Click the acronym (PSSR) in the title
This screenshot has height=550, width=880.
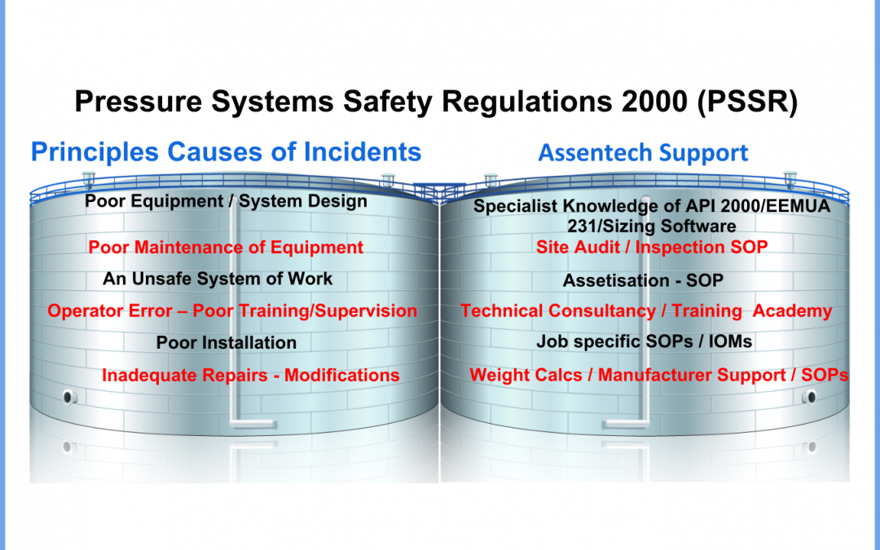tap(747, 102)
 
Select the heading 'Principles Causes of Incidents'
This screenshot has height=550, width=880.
tap(227, 152)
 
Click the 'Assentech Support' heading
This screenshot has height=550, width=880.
tap(643, 152)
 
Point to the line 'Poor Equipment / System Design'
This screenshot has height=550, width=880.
tap(227, 201)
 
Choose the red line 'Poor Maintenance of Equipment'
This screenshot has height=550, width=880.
tap(226, 248)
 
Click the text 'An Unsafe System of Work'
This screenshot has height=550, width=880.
tap(218, 279)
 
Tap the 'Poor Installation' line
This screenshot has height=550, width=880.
tap(227, 343)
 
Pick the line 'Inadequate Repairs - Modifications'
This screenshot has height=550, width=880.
tap(251, 376)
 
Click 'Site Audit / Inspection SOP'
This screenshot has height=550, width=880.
tap(652, 247)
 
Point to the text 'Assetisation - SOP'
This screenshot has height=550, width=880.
tap(643, 280)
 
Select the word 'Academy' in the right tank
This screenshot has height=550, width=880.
tap(792, 311)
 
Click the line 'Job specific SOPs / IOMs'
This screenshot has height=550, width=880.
tap(645, 341)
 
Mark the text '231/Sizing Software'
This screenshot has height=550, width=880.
tap(652, 227)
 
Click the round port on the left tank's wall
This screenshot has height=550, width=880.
tap(70, 397)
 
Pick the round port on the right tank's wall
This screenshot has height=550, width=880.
tap(809, 398)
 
